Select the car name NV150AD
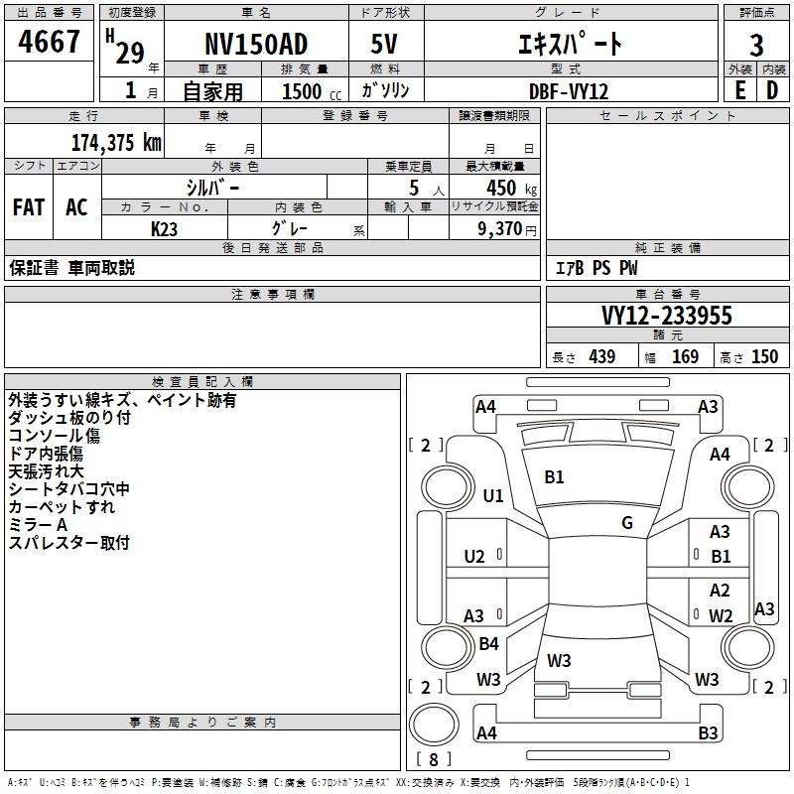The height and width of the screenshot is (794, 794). pos(255,45)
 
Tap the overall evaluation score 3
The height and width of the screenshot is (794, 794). pos(756,46)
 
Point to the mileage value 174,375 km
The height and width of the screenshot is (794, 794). pos(115,141)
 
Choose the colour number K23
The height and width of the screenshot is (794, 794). pos(165,228)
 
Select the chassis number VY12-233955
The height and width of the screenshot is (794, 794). pos(667,316)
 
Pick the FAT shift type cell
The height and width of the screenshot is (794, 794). pos(29,206)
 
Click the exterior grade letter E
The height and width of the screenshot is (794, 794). pos(739,90)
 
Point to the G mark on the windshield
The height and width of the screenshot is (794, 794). pos(627,522)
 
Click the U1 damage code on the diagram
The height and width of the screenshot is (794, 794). pos(493,495)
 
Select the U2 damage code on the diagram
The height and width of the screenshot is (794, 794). pos(474,556)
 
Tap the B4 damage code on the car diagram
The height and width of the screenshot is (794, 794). pos(488,644)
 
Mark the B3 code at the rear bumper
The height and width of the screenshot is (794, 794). pos(708,733)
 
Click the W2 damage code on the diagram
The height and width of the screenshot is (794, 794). pos(721,615)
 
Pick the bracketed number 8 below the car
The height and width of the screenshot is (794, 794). pos(433,760)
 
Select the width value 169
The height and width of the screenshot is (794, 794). pos(685,357)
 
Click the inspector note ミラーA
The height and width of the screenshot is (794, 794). pos(38,524)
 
